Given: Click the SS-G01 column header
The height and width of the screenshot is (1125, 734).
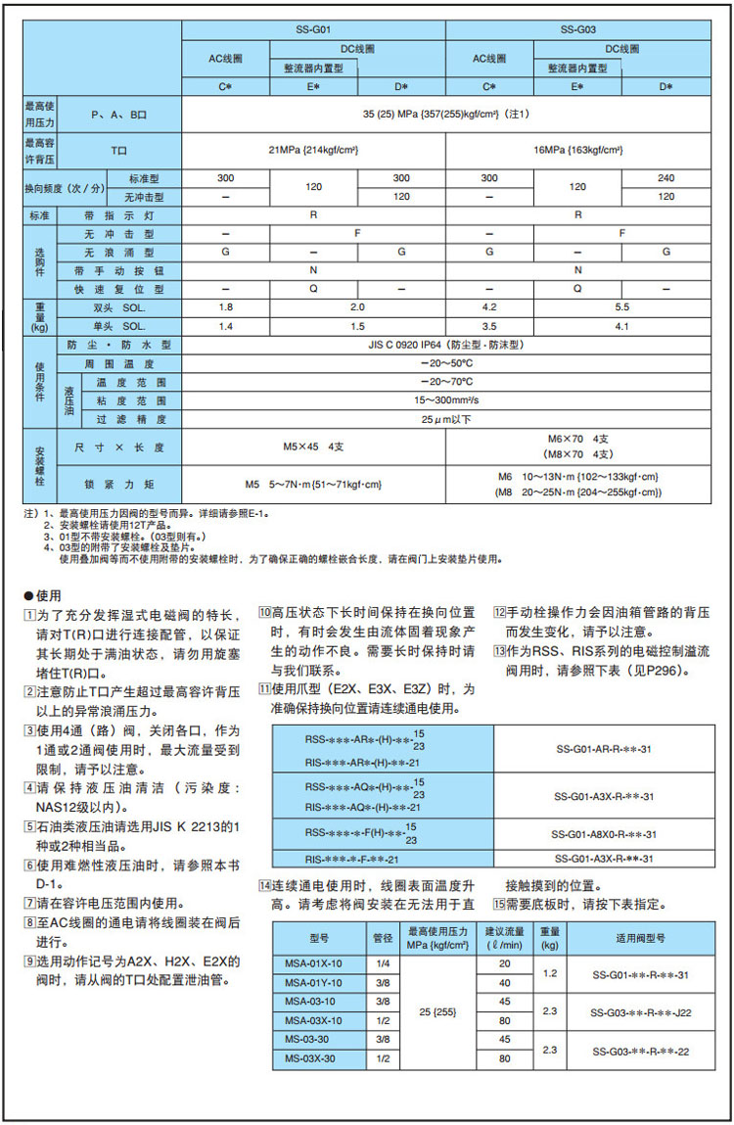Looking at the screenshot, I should click(x=313, y=29).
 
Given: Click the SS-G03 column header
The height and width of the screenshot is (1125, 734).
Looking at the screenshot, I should click(x=577, y=29).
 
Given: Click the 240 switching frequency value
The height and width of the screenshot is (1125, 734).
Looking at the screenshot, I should click(x=665, y=178).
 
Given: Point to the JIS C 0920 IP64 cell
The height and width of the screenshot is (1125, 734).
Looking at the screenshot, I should click(x=445, y=345).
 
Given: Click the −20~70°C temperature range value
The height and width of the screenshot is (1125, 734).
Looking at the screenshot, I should click(x=445, y=381).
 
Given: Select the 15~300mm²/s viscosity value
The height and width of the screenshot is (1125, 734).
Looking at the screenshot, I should click(x=445, y=399).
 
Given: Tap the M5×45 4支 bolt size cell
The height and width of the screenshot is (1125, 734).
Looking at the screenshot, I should click(x=313, y=446).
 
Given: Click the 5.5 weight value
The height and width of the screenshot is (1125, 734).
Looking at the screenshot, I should click(x=621, y=306).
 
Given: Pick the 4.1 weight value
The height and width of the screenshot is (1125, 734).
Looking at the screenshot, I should click(x=621, y=325).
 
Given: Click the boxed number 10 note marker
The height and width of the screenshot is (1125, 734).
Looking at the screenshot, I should click(x=264, y=612).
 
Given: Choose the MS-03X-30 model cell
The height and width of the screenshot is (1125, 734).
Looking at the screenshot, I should click(x=308, y=1058).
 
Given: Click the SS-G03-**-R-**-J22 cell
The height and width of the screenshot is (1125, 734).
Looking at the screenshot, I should click(x=642, y=1012).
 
